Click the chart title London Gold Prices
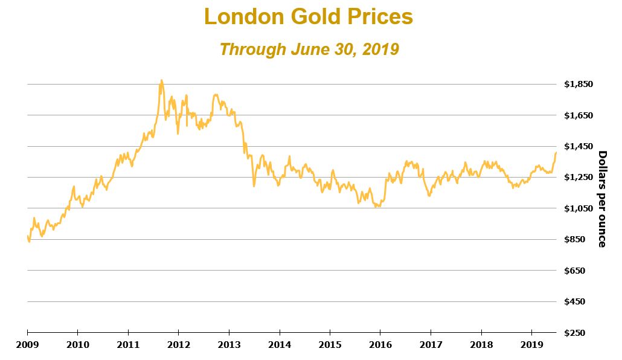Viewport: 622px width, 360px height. [x=309, y=17]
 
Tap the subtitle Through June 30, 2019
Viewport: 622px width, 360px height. [x=309, y=49]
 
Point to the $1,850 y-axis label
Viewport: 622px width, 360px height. [x=579, y=84]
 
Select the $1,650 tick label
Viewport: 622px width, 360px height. [x=579, y=115]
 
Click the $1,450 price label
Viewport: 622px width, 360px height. [x=579, y=146]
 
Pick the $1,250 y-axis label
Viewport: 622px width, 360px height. [x=579, y=177]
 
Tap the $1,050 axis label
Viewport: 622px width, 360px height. [x=579, y=208]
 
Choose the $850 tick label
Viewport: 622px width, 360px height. [x=582, y=239]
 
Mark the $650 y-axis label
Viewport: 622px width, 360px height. [x=582, y=271]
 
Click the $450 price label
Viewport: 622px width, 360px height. [x=582, y=301]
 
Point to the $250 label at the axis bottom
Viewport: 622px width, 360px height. [x=582, y=333]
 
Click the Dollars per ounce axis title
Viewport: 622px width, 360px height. [x=602, y=199]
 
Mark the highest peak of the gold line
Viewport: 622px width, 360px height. [x=161, y=80]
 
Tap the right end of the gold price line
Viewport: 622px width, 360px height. [x=556, y=152]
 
